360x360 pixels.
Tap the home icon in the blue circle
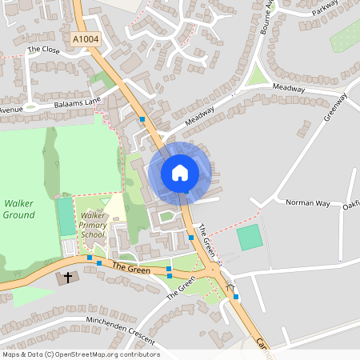(179, 173)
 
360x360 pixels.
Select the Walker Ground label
(18, 210)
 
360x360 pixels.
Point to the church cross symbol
(68, 278)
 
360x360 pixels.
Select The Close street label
(45, 49)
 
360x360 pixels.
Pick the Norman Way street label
(308, 203)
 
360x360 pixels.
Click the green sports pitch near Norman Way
(250, 237)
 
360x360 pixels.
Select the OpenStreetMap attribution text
(81, 354)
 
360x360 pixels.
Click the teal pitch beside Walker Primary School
(66, 217)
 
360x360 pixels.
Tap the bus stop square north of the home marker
(142, 119)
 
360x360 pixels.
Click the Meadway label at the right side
(289, 88)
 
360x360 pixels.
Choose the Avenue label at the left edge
(11, 110)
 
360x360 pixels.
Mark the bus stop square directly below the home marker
(191, 237)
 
